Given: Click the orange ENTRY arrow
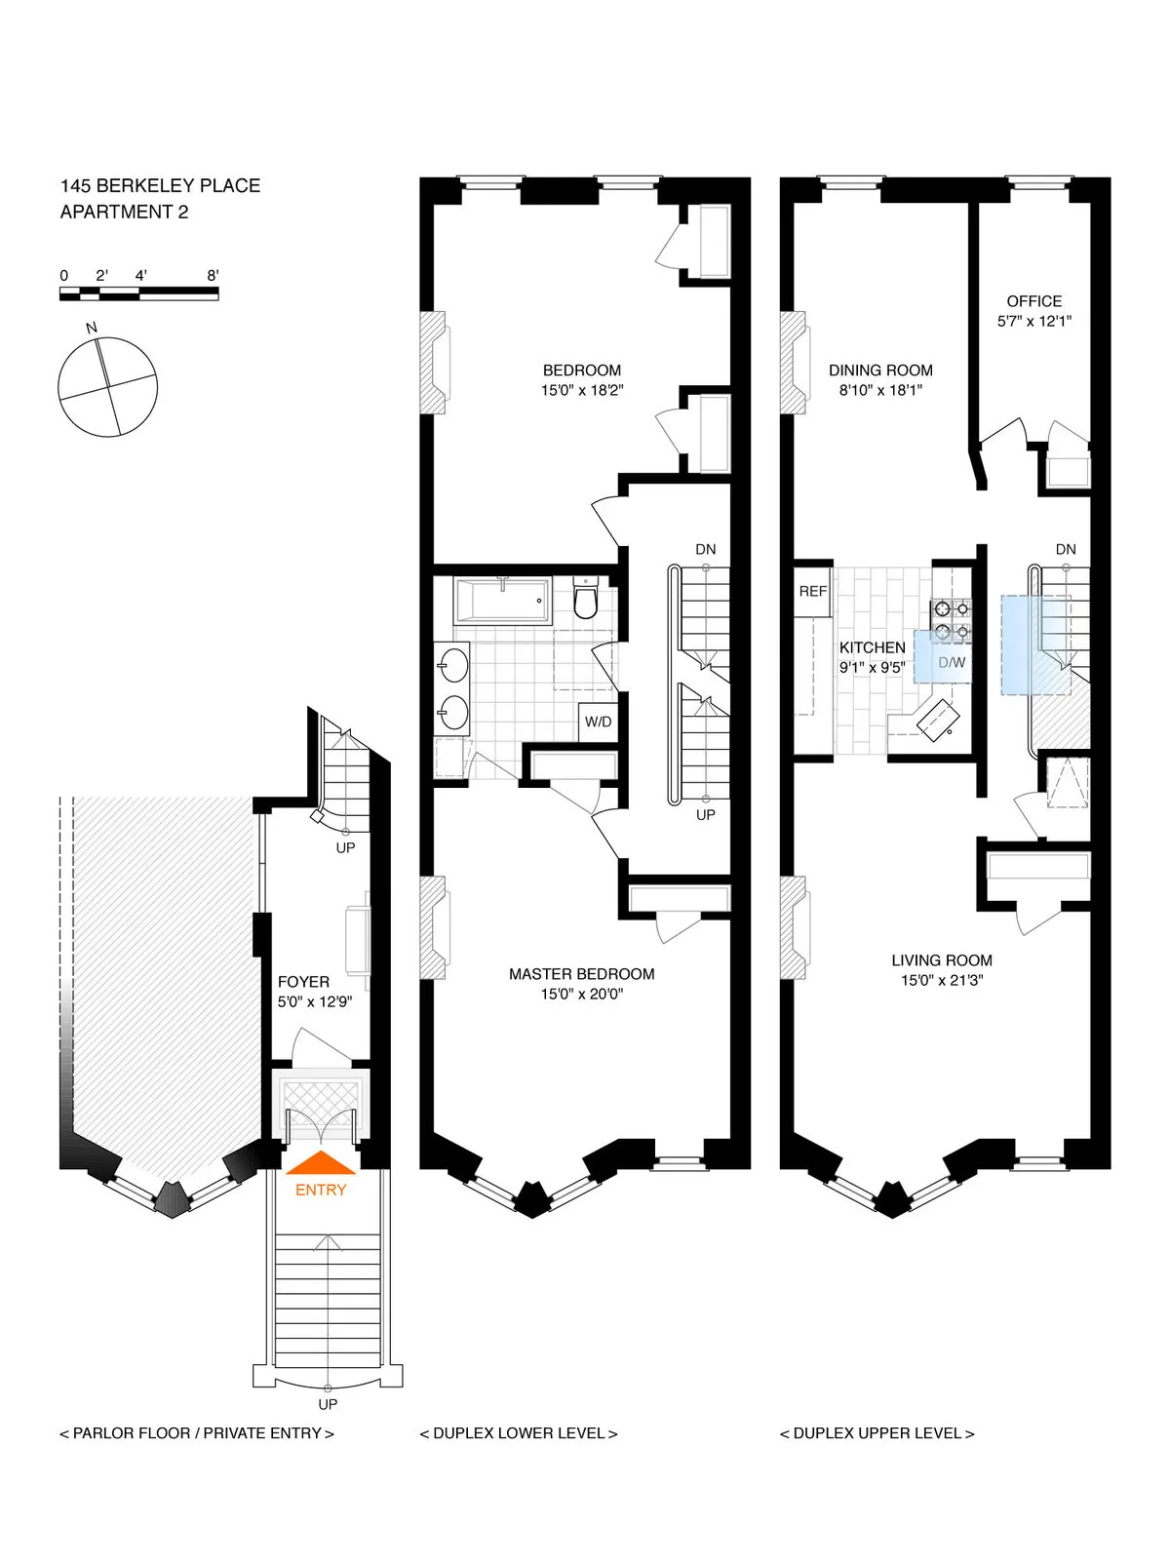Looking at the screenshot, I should (x=320, y=1163).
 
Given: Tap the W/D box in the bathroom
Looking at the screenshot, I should (x=598, y=723).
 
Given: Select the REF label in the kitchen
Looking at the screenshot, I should (x=813, y=591).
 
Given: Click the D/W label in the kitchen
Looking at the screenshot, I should (x=951, y=663).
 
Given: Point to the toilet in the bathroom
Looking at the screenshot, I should (x=585, y=601).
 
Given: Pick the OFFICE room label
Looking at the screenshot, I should (x=1033, y=301).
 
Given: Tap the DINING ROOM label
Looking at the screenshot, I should (x=880, y=371).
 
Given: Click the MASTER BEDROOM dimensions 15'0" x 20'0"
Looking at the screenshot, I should (x=581, y=995).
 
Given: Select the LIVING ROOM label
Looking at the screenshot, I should (x=941, y=960).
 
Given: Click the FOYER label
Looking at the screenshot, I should (x=303, y=982).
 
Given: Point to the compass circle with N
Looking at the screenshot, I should (x=107, y=386).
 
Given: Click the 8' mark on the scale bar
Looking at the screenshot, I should (x=213, y=276).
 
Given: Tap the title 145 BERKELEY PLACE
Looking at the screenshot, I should (x=160, y=185).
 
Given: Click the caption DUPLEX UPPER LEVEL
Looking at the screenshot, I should (x=877, y=1433).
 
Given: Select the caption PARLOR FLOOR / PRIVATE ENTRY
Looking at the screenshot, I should (x=197, y=1433).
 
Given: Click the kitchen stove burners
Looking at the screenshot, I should (x=952, y=621).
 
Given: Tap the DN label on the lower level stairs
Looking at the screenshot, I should (x=705, y=550).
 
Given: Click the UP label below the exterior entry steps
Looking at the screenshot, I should (x=328, y=1404).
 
